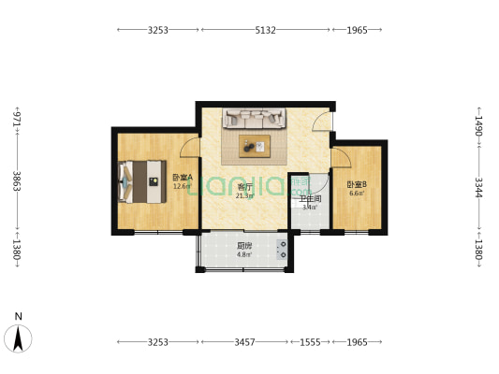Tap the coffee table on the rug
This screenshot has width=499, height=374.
pos(254,144)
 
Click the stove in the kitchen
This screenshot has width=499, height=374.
pos(282,249)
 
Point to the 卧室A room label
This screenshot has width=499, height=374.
pos(182,177)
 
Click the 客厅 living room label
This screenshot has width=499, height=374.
pos(246,187)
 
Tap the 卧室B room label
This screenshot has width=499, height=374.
pos(357,185)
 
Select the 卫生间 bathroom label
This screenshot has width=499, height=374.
pos(310,198)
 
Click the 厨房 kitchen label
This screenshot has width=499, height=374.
pos(243,246)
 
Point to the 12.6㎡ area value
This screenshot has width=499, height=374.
pos(182,186)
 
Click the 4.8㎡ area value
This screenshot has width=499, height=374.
pos(243,254)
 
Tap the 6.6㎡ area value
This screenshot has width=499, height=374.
pos(357,194)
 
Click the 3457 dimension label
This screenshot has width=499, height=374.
pos(242,343)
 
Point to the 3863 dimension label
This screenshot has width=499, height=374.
pos(16,181)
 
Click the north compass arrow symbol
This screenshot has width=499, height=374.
pos(18,336)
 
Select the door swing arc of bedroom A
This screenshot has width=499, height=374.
pos(189,145)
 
